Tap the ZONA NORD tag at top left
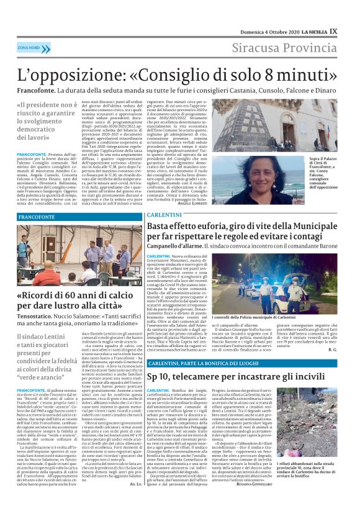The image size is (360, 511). click(29, 47)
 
